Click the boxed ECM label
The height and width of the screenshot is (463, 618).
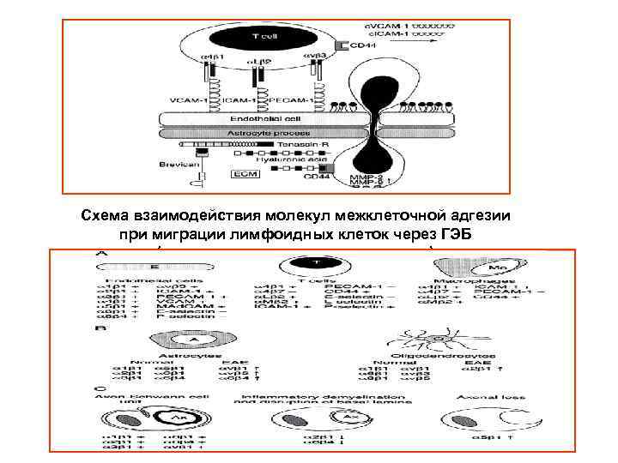pyautogui.click(x=245, y=173)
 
